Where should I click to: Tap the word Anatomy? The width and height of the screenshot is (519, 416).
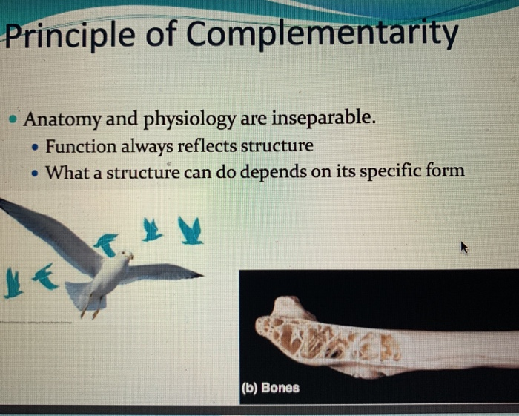coord(62,119)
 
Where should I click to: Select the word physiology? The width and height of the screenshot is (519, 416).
coord(189,119)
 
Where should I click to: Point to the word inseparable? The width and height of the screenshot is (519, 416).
coord(323,118)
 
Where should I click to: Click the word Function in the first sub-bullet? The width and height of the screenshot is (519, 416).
coord(81,146)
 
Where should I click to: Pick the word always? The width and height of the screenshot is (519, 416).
coord(147,147)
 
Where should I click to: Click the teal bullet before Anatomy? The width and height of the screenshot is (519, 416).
coord(13,119)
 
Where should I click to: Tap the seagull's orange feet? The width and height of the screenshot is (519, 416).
coord(90,311)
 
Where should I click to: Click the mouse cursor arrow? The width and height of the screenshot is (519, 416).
coord(464,247)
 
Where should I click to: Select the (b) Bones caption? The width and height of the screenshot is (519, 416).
coord(271,388)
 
